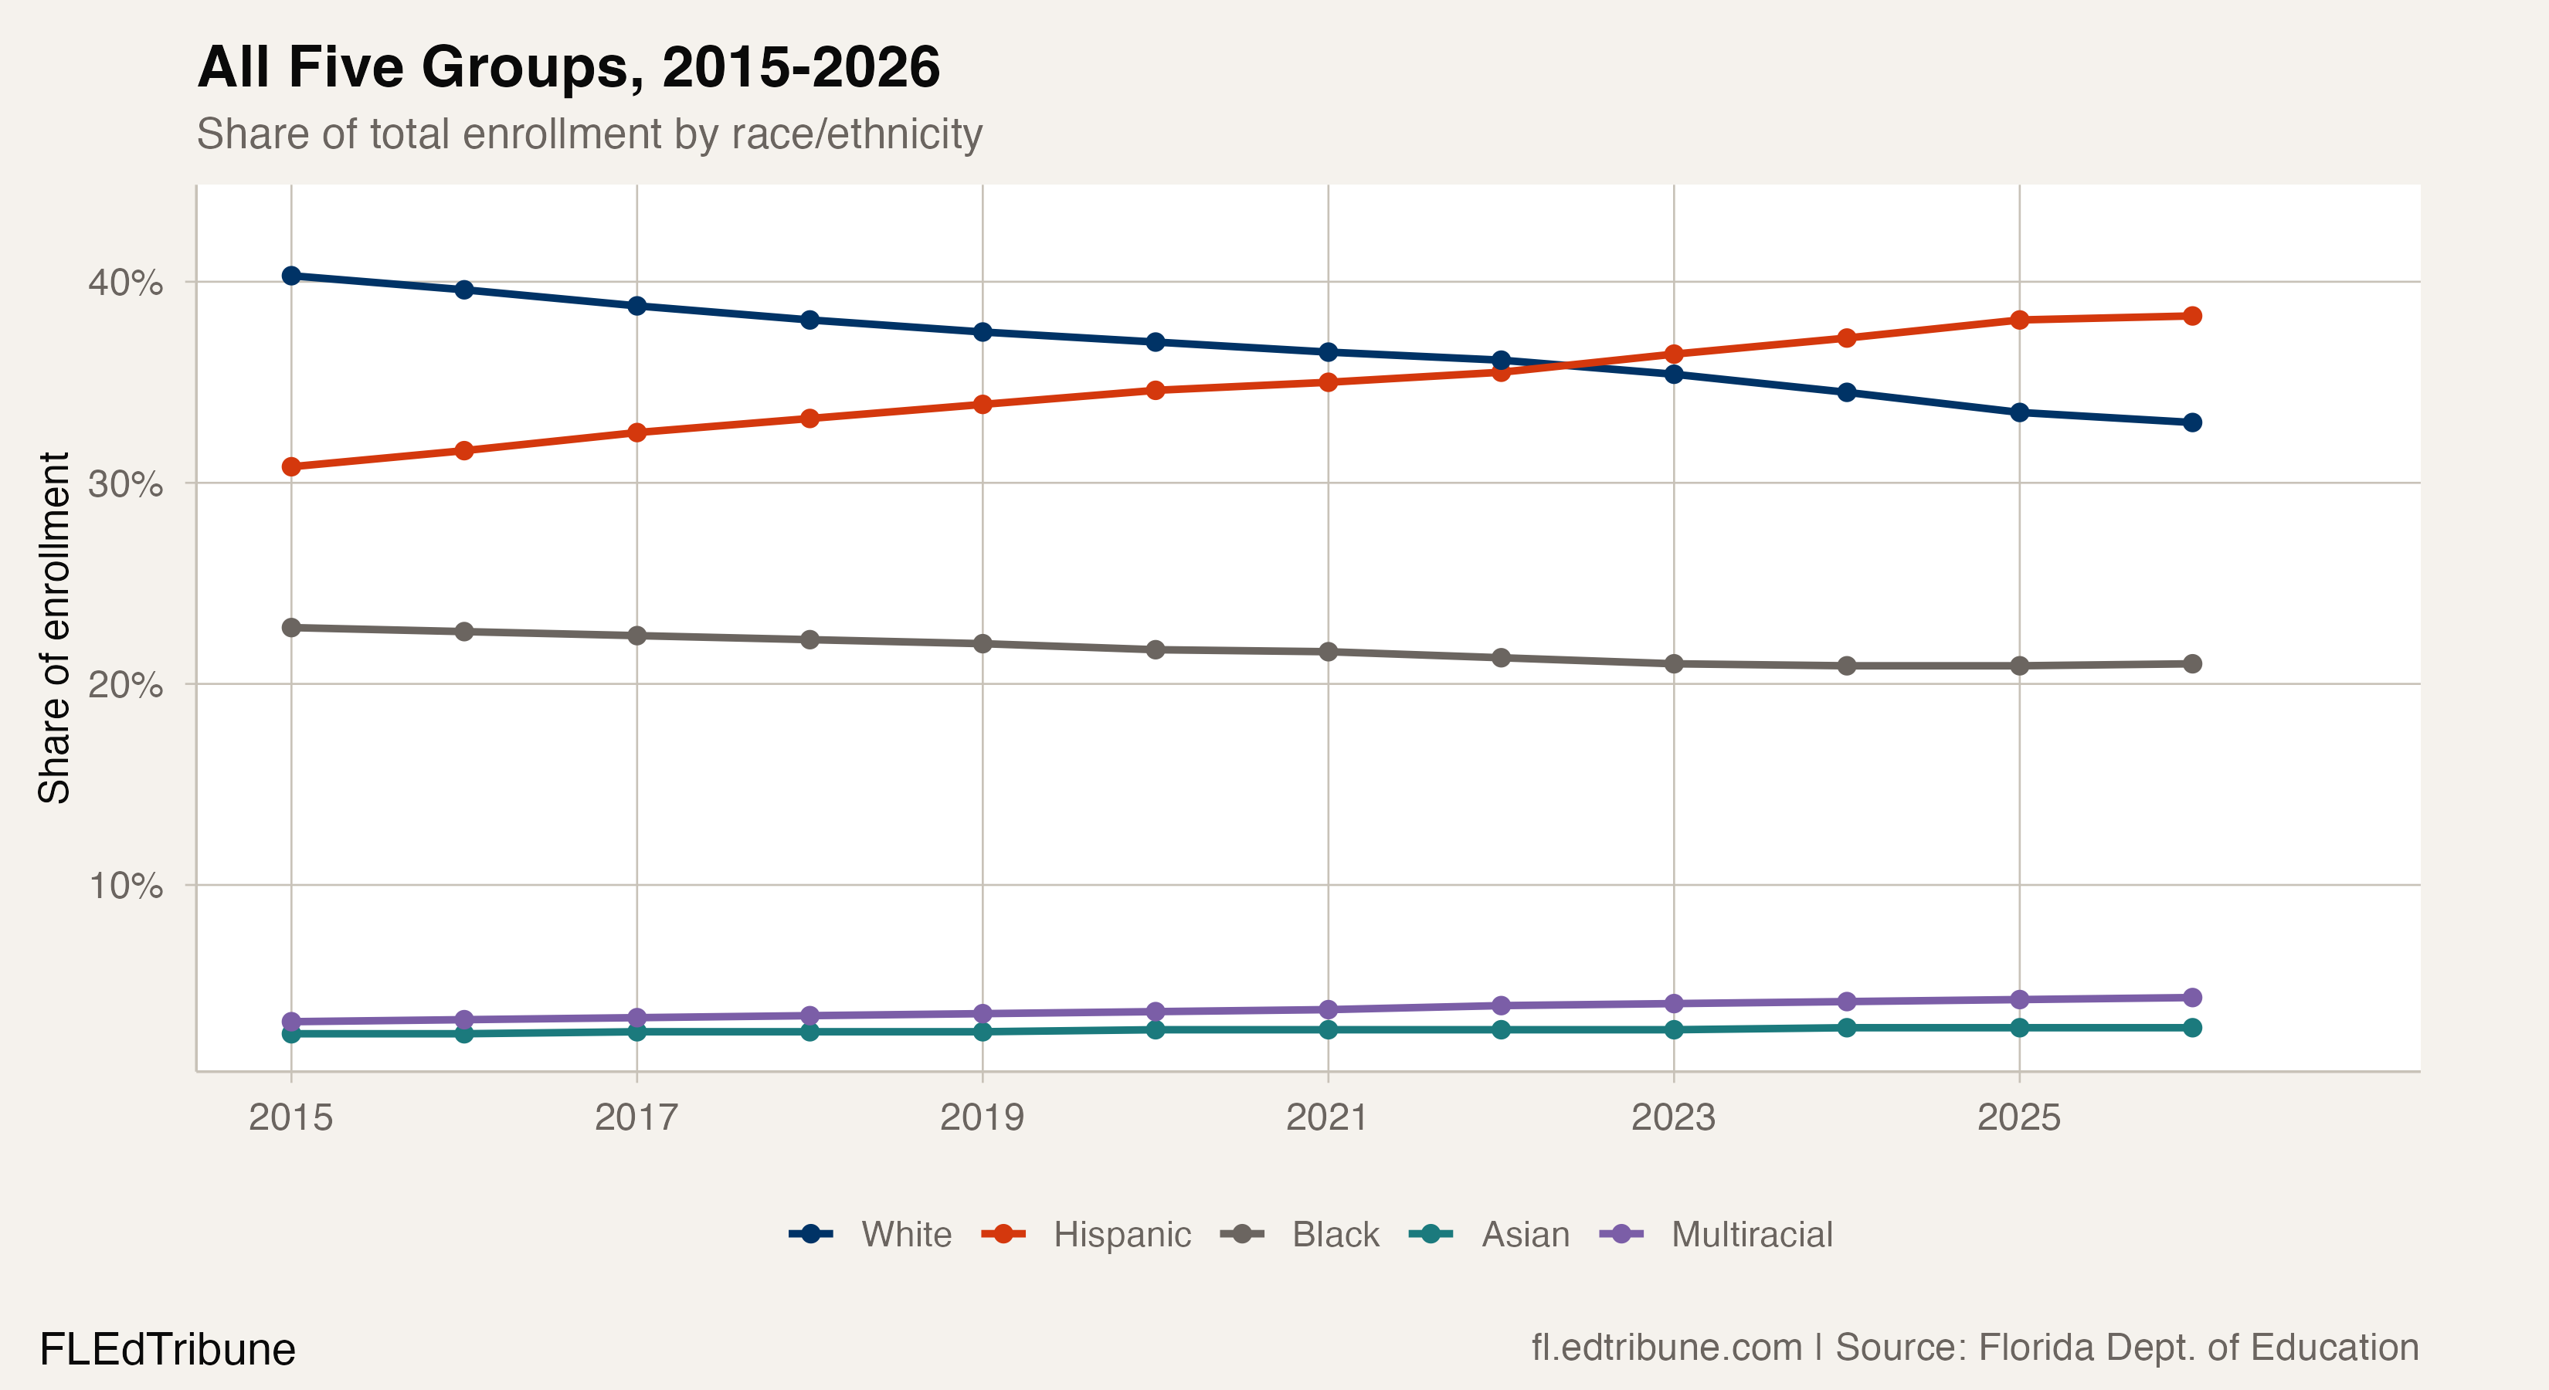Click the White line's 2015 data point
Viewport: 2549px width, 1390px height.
tap(291, 276)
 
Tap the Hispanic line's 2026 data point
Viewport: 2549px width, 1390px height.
tap(2192, 317)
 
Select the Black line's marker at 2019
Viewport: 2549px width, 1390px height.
tap(983, 644)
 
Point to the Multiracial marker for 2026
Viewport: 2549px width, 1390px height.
tap(2192, 997)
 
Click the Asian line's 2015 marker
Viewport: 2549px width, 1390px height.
tap(291, 1034)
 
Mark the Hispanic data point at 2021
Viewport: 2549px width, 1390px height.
tap(1328, 383)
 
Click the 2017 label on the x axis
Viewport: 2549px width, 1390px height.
tap(636, 1118)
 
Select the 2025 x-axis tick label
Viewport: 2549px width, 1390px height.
tap(2018, 1118)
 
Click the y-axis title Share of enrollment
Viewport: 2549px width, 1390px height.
tap(54, 629)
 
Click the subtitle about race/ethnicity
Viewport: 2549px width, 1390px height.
tap(589, 134)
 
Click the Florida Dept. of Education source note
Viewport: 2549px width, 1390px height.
tap(2126, 1348)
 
